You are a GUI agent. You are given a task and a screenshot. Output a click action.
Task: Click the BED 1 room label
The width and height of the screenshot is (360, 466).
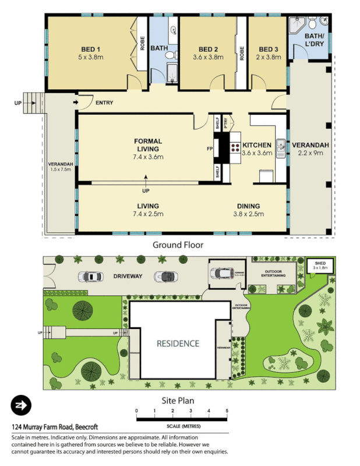91,49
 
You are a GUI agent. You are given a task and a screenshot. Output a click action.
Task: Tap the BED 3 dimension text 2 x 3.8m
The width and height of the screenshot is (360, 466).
269,58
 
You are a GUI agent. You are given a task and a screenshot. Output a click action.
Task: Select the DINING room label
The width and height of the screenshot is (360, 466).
248,206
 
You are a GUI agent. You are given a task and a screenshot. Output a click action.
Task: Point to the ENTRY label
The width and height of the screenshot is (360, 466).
104,103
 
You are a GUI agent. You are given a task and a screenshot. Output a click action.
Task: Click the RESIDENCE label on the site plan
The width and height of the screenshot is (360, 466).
178,343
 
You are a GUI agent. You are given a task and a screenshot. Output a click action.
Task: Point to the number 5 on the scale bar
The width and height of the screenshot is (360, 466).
227,411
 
